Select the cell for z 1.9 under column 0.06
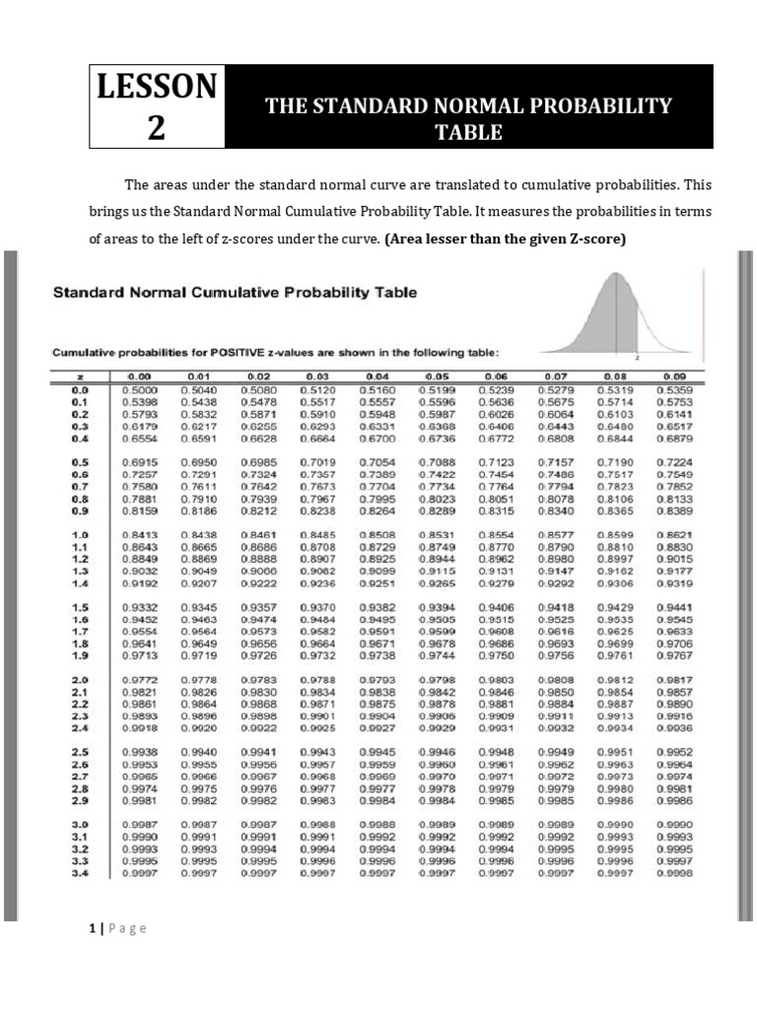[496, 654]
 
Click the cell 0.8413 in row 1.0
[140, 534]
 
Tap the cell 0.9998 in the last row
[675, 873]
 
